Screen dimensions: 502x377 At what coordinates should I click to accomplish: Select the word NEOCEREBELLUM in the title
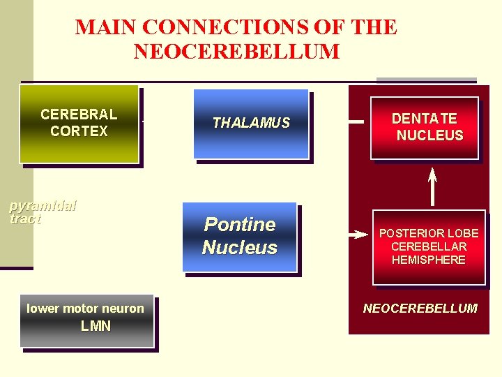point(236,52)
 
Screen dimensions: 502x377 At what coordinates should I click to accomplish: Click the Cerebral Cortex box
point(79,124)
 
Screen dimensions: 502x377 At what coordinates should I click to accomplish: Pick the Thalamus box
point(251,124)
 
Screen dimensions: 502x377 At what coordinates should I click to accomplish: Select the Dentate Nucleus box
point(425,127)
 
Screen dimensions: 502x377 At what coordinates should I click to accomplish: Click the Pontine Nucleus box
point(239,236)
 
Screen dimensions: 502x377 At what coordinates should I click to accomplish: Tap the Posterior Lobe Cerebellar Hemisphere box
point(429,246)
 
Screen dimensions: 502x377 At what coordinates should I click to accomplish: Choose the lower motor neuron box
point(86,320)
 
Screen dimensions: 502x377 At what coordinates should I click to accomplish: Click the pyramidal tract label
point(42,212)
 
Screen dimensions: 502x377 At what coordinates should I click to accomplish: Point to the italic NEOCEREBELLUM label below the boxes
point(420,308)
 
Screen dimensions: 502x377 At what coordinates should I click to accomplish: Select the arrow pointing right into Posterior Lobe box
point(359,235)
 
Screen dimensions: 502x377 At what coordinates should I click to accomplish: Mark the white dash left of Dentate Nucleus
point(356,122)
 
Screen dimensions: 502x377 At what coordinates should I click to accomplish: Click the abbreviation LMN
point(96,326)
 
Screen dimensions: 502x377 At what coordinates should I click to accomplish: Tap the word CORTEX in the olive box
point(79,131)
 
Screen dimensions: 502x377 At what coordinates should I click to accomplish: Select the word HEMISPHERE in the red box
point(429,260)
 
